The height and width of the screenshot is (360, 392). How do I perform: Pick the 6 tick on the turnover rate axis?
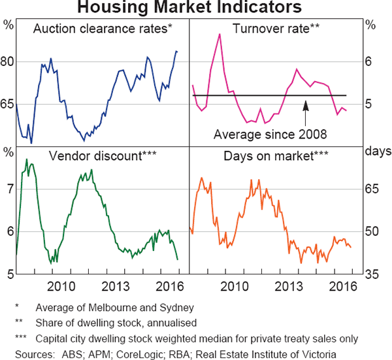pyautogui.click(x=369, y=62)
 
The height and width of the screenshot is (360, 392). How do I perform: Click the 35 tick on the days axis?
pyautogui.click(x=371, y=274)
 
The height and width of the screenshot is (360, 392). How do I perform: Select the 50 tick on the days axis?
pyautogui.click(x=371, y=231)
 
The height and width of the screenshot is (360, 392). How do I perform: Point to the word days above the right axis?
pyautogui.click(x=376, y=152)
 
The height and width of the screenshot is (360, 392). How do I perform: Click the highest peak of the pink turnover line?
pyautogui.click(x=220, y=34)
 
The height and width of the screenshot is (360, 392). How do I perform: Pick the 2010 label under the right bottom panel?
pyautogui.click(x=232, y=286)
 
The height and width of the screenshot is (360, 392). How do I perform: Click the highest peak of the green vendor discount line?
pyautogui.click(x=27, y=159)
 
